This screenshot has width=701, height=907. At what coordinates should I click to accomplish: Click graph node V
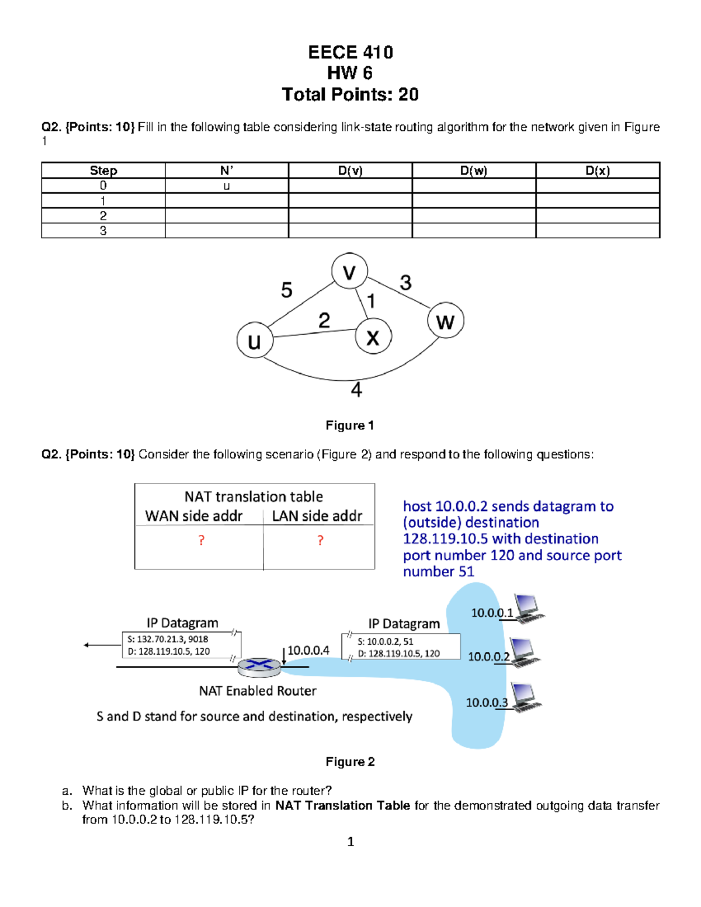pyautogui.click(x=349, y=272)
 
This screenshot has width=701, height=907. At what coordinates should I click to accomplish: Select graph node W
pyautogui.click(x=445, y=321)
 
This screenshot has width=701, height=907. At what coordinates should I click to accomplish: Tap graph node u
pyautogui.click(x=255, y=340)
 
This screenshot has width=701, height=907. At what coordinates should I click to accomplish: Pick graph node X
pyautogui.click(x=373, y=337)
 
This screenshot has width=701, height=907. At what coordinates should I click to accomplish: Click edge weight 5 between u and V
pyautogui.click(x=286, y=290)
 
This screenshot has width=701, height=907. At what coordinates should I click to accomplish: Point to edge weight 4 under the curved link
pyautogui.click(x=356, y=389)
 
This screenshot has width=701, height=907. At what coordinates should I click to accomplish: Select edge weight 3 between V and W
pyautogui.click(x=405, y=283)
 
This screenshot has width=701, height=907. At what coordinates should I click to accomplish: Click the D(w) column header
pyautogui.click(x=473, y=171)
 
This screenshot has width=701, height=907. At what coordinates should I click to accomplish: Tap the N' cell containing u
pyautogui.click(x=227, y=186)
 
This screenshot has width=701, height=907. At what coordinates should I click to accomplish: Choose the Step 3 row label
pyautogui.click(x=103, y=231)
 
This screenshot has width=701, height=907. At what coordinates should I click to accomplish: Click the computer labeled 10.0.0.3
pyautogui.click(x=526, y=697)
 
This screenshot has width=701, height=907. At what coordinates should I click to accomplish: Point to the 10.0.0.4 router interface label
pyautogui.click(x=308, y=650)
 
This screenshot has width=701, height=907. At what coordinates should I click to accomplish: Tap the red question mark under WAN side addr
pyautogui.click(x=202, y=540)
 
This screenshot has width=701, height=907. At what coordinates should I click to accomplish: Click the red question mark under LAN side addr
pyautogui.click(x=320, y=540)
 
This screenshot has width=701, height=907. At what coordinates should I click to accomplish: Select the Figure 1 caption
pyautogui.click(x=349, y=425)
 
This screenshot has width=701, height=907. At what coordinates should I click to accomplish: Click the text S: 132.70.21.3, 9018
pyautogui.click(x=168, y=639)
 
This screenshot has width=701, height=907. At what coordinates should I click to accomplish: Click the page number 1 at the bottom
pyautogui.click(x=350, y=842)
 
